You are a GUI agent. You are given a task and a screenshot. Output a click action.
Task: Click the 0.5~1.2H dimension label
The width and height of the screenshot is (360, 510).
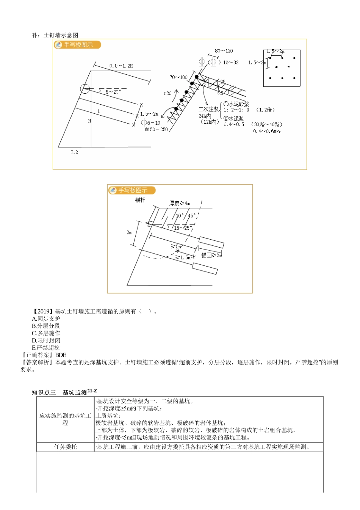(121, 66)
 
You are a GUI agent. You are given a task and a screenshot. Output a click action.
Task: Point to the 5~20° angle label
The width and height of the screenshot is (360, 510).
(113, 92)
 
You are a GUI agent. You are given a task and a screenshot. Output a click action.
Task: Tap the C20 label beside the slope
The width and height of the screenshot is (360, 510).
(167, 93)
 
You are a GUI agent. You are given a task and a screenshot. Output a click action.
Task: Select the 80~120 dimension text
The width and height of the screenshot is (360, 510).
(224, 51)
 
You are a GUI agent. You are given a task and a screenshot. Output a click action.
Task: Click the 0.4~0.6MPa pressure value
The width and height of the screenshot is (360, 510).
(267, 131)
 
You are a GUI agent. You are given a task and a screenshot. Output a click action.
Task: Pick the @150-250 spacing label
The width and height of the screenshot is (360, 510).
(156, 129)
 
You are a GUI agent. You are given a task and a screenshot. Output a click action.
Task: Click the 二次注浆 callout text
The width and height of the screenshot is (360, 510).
(208, 109)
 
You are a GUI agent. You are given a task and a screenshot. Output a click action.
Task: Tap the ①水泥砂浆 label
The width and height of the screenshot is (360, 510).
(236, 104)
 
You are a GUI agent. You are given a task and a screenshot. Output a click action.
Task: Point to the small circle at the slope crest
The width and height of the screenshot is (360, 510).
(85, 89)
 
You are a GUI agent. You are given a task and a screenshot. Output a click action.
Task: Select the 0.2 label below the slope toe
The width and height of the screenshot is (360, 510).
(74, 152)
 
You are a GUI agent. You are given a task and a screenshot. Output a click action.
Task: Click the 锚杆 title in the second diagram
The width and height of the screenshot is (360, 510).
(140, 200)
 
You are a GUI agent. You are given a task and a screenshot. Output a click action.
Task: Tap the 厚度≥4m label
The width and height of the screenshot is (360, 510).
(179, 203)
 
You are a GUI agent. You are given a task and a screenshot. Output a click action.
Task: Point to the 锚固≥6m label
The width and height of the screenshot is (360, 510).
(211, 255)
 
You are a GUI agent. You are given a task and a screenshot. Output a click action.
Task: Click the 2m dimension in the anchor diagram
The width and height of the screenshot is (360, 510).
(129, 232)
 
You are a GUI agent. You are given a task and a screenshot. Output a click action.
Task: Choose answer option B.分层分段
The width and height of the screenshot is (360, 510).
(46, 326)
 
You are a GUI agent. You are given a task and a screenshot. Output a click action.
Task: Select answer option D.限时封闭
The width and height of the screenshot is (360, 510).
(46, 340)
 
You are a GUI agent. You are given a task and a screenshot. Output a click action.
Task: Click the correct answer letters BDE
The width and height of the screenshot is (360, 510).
(61, 355)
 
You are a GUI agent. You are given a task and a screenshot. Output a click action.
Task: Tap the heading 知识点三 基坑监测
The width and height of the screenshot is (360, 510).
(64, 392)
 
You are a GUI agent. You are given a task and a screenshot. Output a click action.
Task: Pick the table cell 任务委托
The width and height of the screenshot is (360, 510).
(65, 447)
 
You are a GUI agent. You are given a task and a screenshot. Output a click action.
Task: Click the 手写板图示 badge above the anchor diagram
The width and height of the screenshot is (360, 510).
(132, 190)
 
